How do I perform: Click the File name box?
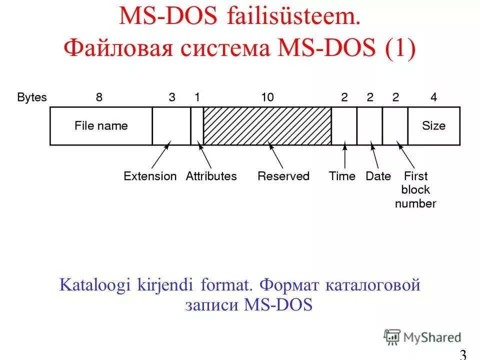pos(101,126)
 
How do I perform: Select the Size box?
pos(433,126)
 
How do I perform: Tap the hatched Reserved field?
pos(267,126)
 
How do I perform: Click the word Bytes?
pos(31,97)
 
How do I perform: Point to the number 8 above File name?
pos(99,97)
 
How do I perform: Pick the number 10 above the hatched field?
pos(267,97)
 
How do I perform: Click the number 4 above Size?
pos(433,97)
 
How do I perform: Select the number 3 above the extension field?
pos(172,97)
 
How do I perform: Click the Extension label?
pos(150,176)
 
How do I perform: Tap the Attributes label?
pos(211,176)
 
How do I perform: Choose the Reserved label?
pos(283,176)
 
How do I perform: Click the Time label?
pos(342,176)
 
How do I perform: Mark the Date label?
pos(378,176)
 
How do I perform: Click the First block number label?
pos(415,190)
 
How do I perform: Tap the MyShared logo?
pos(422,337)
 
